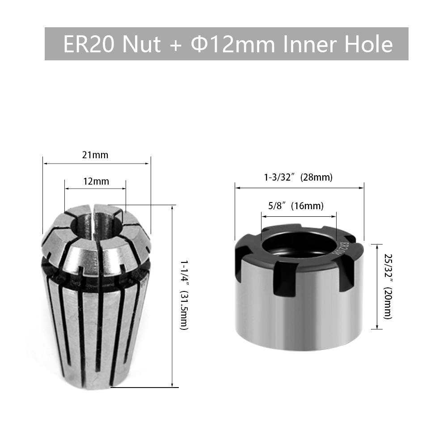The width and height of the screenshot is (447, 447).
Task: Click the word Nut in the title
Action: click(141, 44)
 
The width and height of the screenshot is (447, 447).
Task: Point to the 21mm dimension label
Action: click(95, 155)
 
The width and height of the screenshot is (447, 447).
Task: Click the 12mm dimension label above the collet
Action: click(96, 181)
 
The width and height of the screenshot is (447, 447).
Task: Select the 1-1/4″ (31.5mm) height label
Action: click(184, 295)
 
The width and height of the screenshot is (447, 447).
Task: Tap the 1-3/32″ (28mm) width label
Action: click(298, 177)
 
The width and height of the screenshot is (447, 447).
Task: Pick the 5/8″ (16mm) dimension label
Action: click(296, 206)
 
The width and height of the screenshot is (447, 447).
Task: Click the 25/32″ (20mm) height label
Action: click(388, 287)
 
